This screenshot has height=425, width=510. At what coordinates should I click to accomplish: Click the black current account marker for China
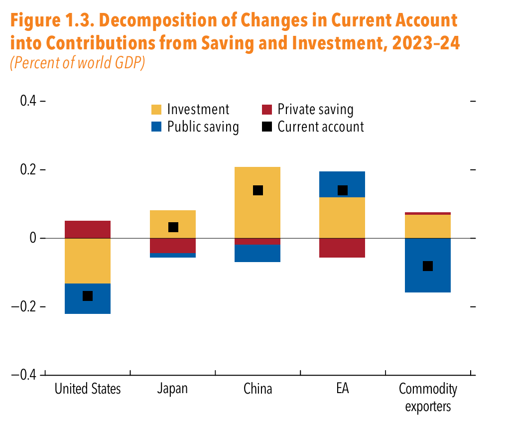click(x=258, y=190)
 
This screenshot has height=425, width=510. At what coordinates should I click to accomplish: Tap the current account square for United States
click(x=88, y=296)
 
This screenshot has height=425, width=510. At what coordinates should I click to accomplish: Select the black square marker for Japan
click(x=173, y=227)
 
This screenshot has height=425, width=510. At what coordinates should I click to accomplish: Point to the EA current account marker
click(x=343, y=190)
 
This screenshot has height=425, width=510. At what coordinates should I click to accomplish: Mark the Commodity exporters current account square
click(x=428, y=266)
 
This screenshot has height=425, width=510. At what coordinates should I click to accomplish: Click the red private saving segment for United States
click(x=88, y=229)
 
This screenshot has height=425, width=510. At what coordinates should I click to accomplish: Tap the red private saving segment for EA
click(x=343, y=248)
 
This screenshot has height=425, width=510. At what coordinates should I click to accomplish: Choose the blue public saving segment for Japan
click(x=173, y=255)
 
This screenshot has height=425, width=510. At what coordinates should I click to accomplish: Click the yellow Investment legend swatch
click(x=156, y=110)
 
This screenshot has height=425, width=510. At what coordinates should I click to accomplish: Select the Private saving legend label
click(x=315, y=110)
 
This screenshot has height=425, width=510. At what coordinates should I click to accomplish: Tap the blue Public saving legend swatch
click(x=156, y=127)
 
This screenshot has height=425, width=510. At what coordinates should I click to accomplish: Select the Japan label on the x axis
click(x=172, y=389)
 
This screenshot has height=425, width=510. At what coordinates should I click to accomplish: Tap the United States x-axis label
click(x=88, y=389)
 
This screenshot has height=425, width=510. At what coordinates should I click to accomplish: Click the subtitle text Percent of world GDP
click(x=77, y=64)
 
